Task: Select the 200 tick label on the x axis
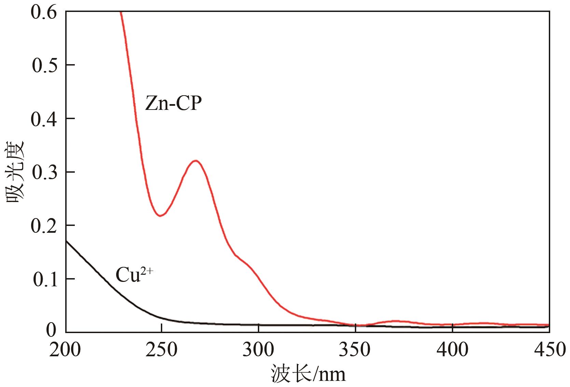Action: coord(65,350)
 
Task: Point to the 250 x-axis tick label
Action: coord(161,350)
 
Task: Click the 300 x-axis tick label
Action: coord(259,350)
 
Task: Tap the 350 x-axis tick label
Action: coord(355,350)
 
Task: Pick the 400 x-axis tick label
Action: coord(452,350)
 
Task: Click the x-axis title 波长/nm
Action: coord(308,374)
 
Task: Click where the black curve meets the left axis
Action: coord(66,241)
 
